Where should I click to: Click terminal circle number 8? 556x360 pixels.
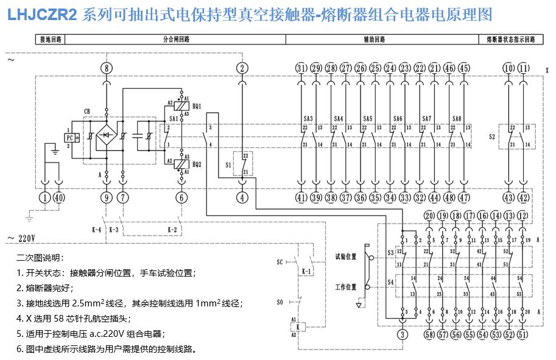pos(107,68)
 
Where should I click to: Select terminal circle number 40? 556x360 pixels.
pos(59,197)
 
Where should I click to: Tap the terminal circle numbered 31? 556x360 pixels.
pos(301,68)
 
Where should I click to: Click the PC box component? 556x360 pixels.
pos(70,138)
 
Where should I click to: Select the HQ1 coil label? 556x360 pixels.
pos(197,105)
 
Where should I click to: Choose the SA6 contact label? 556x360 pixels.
pos(398,118)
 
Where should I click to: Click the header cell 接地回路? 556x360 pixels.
pos(49,40)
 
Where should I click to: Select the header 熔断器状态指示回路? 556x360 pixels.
pos(510,40)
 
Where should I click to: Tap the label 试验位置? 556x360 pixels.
pos(345,256)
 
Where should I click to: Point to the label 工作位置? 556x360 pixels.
pos(345,286)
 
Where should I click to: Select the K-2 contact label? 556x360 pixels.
pos(172,230)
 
